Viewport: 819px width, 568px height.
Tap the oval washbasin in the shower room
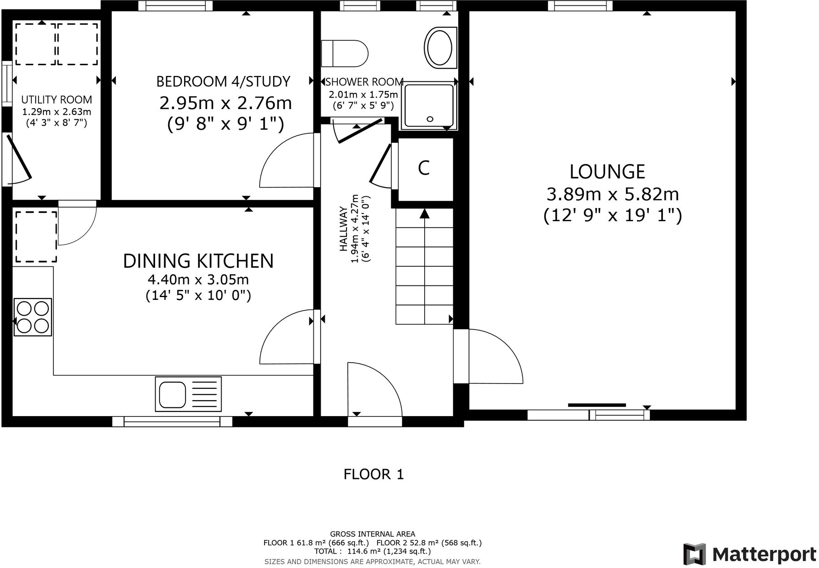click(439, 48)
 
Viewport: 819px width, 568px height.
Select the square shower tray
click(429, 106)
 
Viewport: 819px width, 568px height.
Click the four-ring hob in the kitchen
click(33, 317)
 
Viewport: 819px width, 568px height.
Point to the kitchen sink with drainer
click(188, 394)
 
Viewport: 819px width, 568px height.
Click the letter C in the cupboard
click(424, 168)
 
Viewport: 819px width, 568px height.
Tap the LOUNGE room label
click(607, 172)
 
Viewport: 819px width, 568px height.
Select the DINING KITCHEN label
click(198, 261)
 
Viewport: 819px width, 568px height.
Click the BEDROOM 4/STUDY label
click(223, 81)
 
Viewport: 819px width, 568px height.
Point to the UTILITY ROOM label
click(57, 99)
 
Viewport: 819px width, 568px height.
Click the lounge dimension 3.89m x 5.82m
click(612, 194)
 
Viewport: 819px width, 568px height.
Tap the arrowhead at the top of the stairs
click(424, 213)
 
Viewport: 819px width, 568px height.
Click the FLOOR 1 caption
click(374, 474)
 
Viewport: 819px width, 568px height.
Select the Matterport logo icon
click(694, 554)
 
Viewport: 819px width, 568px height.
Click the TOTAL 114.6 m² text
click(372, 551)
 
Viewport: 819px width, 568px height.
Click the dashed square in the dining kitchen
click(36, 237)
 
